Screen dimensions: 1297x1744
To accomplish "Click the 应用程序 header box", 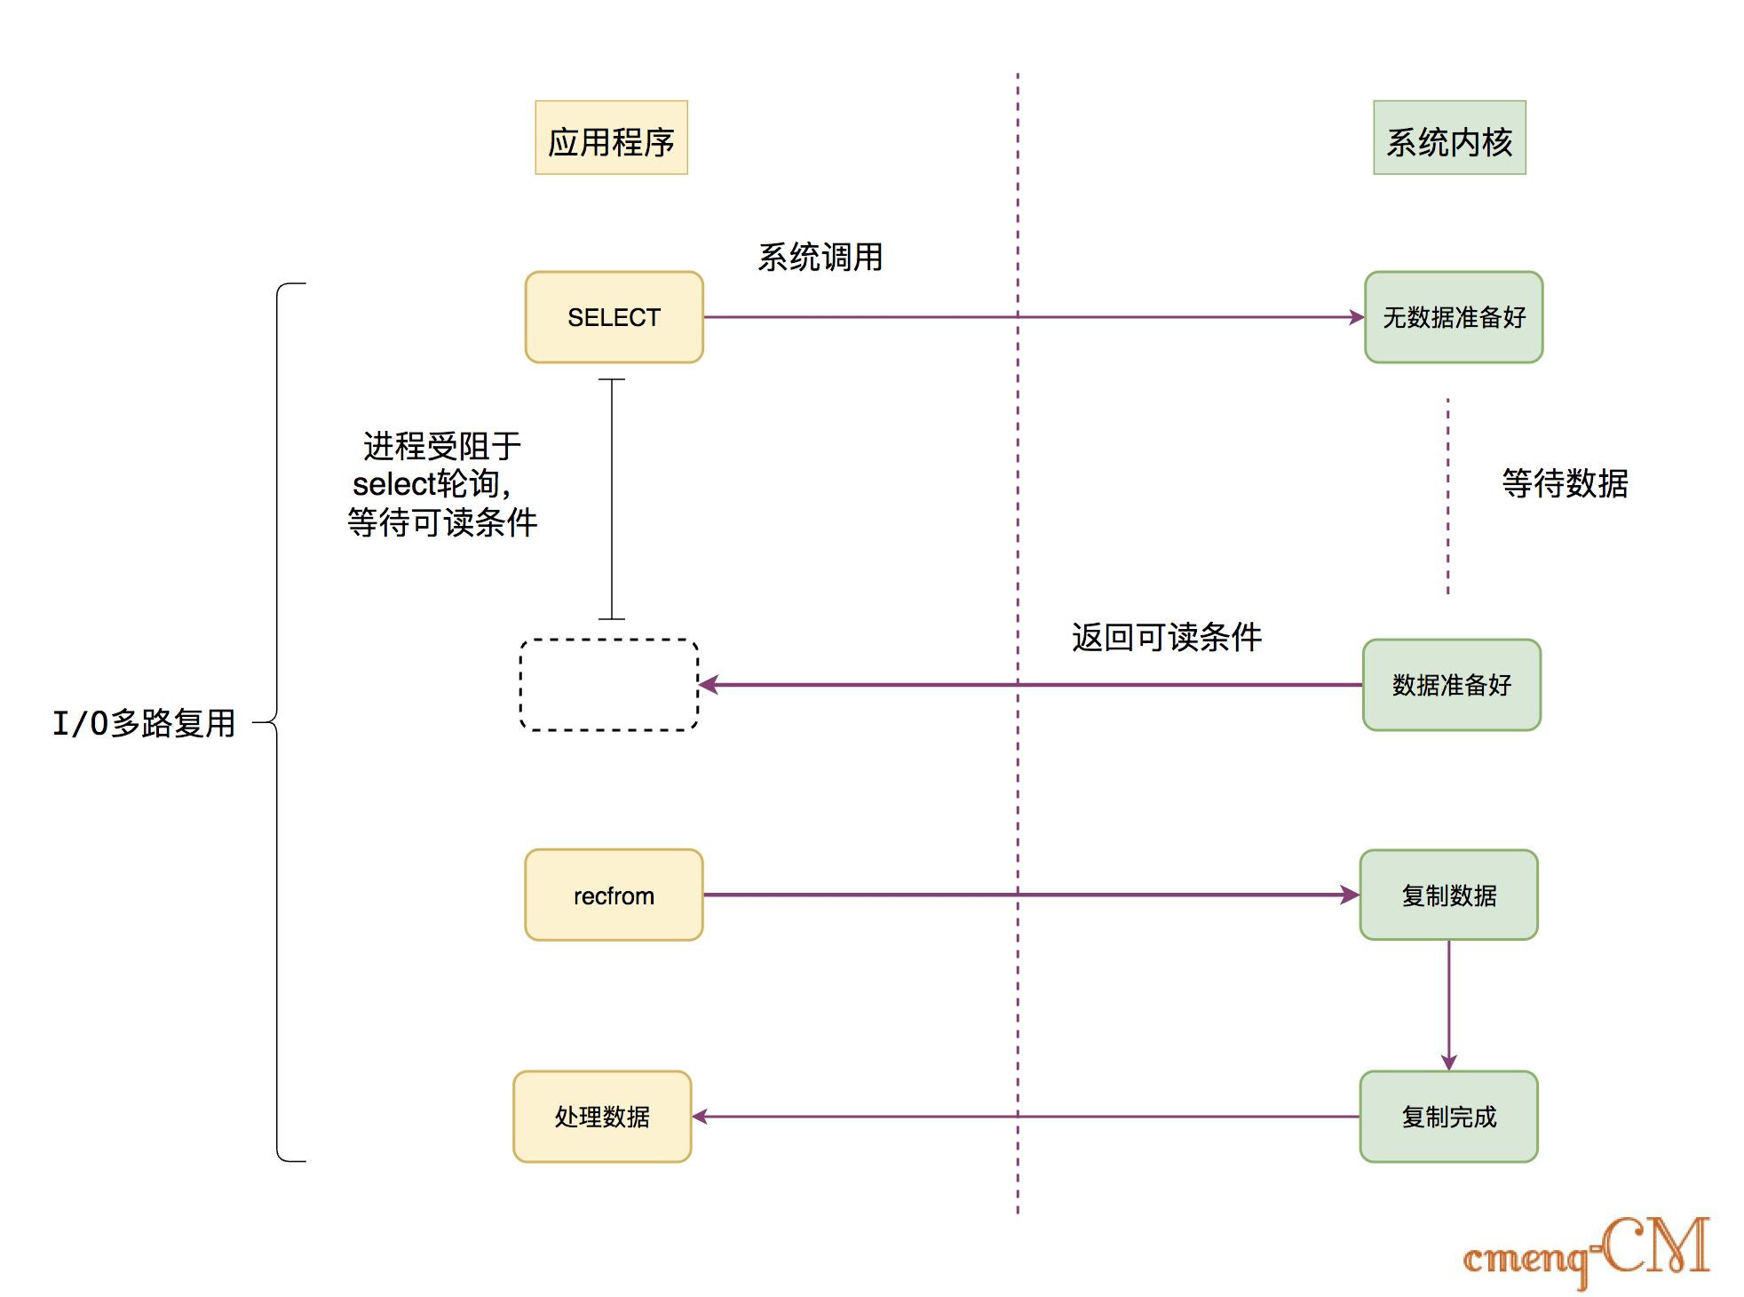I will (x=611, y=138).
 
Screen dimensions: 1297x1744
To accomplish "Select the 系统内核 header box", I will (x=1449, y=138).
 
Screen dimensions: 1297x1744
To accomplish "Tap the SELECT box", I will (x=614, y=317).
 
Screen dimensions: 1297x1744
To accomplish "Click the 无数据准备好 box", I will (x=1454, y=317).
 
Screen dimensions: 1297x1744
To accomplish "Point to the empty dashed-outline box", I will (x=609, y=685).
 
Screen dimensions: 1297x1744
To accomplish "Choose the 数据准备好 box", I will (x=1452, y=685).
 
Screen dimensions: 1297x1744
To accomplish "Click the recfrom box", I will (x=614, y=895).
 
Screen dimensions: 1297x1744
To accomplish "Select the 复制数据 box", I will (x=1448, y=895).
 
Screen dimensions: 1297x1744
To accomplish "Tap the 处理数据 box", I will (x=602, y=1117).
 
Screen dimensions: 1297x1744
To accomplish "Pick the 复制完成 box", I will (x=1448, y=1117).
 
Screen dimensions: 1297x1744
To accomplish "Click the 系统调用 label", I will (x=820, y=258).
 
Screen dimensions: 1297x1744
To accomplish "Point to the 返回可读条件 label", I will (x=1166, y=637).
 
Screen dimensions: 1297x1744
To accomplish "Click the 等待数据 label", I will (x=1565, y=483).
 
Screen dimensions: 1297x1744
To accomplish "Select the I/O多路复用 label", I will (x=144, y=723).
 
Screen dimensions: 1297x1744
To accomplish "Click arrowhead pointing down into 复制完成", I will (x=1449, y=1062).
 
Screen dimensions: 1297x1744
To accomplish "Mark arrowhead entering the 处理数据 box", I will (x=701, y=1117).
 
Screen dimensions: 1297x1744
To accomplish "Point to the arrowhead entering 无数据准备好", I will (x=1356, y=317).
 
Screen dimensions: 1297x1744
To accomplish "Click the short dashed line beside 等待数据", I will (x=1447, y=496).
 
